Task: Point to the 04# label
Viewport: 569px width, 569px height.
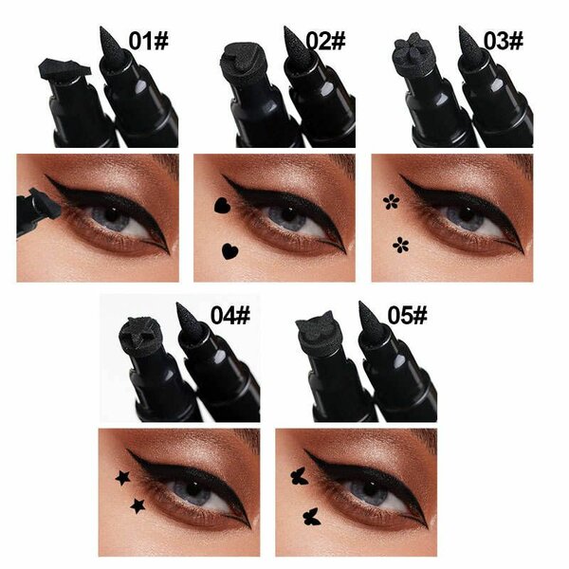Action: tap(237, 314)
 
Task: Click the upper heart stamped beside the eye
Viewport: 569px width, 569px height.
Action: tap(222, 203)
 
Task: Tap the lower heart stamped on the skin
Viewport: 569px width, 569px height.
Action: tap(229, 251)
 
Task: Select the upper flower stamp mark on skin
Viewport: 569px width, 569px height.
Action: tap(389, 201)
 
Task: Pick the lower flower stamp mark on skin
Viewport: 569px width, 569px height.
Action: tap(400, 244)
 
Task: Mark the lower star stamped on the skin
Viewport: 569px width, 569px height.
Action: tap(139, 505)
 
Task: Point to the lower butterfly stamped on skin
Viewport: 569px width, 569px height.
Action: tap(309, 517)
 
